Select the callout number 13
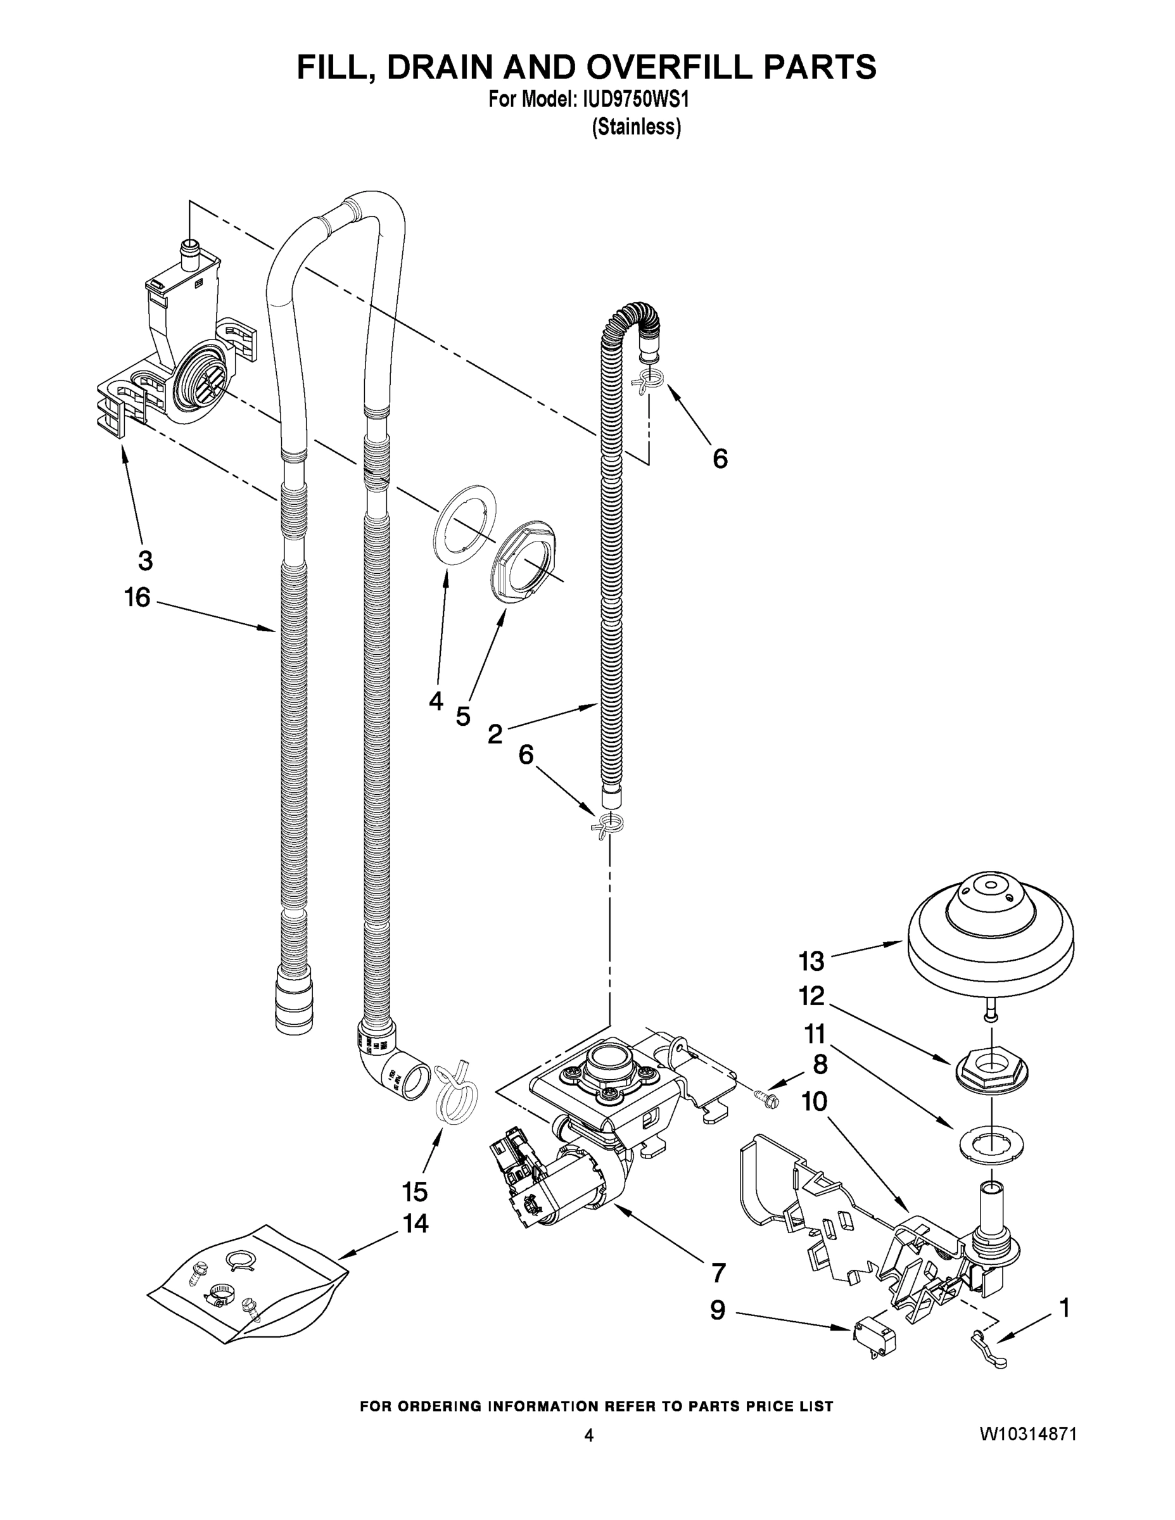[811, 962]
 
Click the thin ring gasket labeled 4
[465, 526]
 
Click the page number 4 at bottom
[588, 1435]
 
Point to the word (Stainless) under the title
[636, 127]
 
